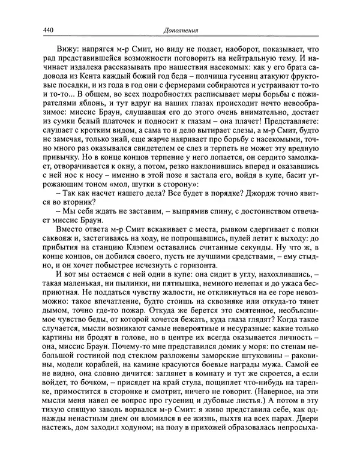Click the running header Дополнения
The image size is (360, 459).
pos(181,31)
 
